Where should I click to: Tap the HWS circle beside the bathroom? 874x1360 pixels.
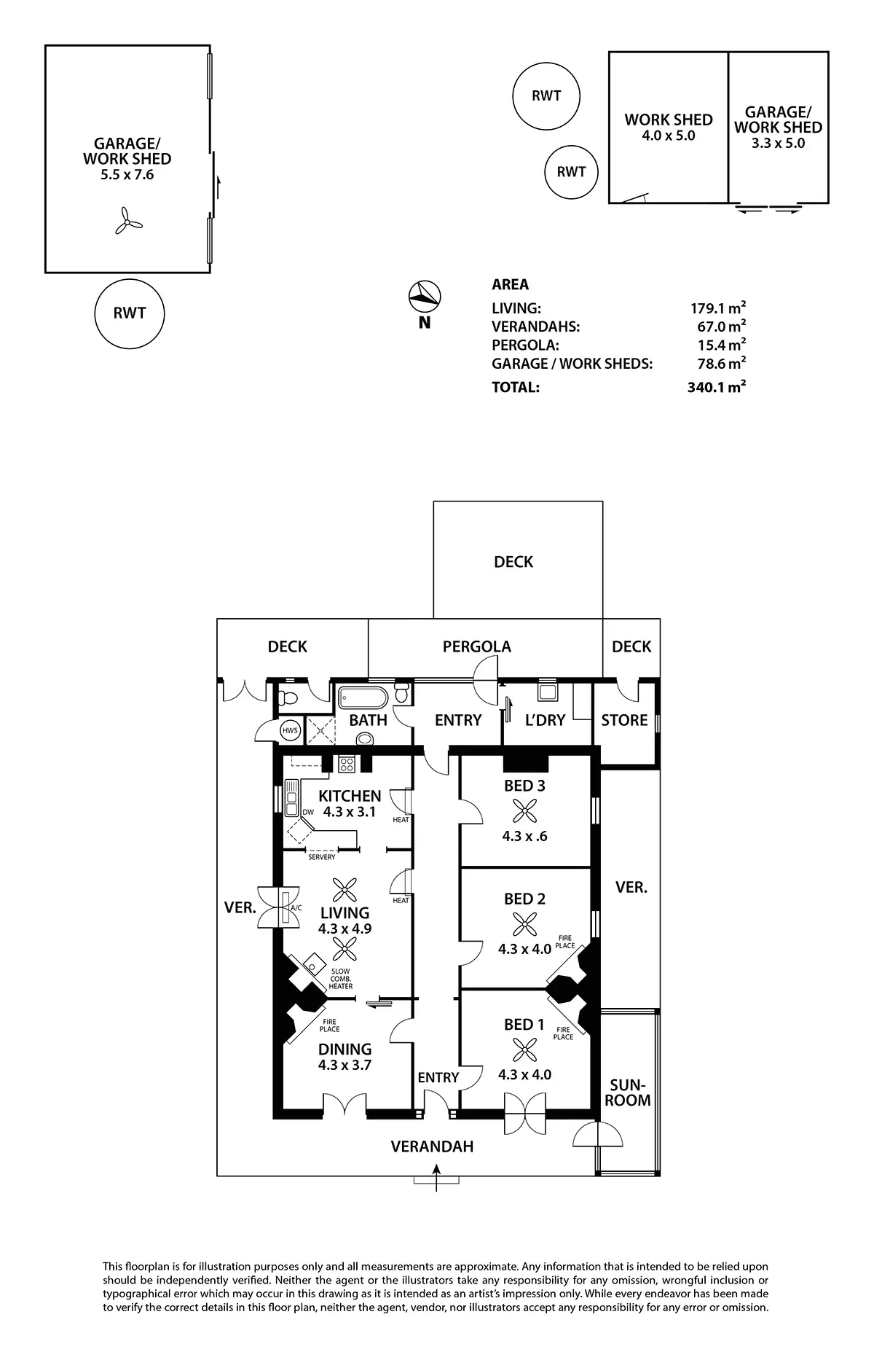pyautogui.click(x=290, y=730)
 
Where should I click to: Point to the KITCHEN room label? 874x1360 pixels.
pyautogui.click(x=350, y=796)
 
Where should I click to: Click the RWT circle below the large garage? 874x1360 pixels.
pyautogui.click(x=130, y=313)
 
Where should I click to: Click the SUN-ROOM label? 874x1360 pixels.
pyautogui.click(x=628, y=1093)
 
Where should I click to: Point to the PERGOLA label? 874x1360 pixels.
pyautogui.click(x=477, y=646)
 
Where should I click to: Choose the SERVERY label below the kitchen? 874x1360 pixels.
pyautogui.click(x=322, y=857)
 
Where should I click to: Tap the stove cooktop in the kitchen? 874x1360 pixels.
pyautogui.click(x=347, y=765)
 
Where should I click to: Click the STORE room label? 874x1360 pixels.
pyautogui.click(x=624, y=720)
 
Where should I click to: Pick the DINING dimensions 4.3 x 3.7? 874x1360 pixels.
pyautogui.click(x=345, y=1065)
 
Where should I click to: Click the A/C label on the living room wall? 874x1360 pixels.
pyautogui.click(x=296, y=908)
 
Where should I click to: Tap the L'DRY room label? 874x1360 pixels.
pyautogui.click(x=545, y=720)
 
